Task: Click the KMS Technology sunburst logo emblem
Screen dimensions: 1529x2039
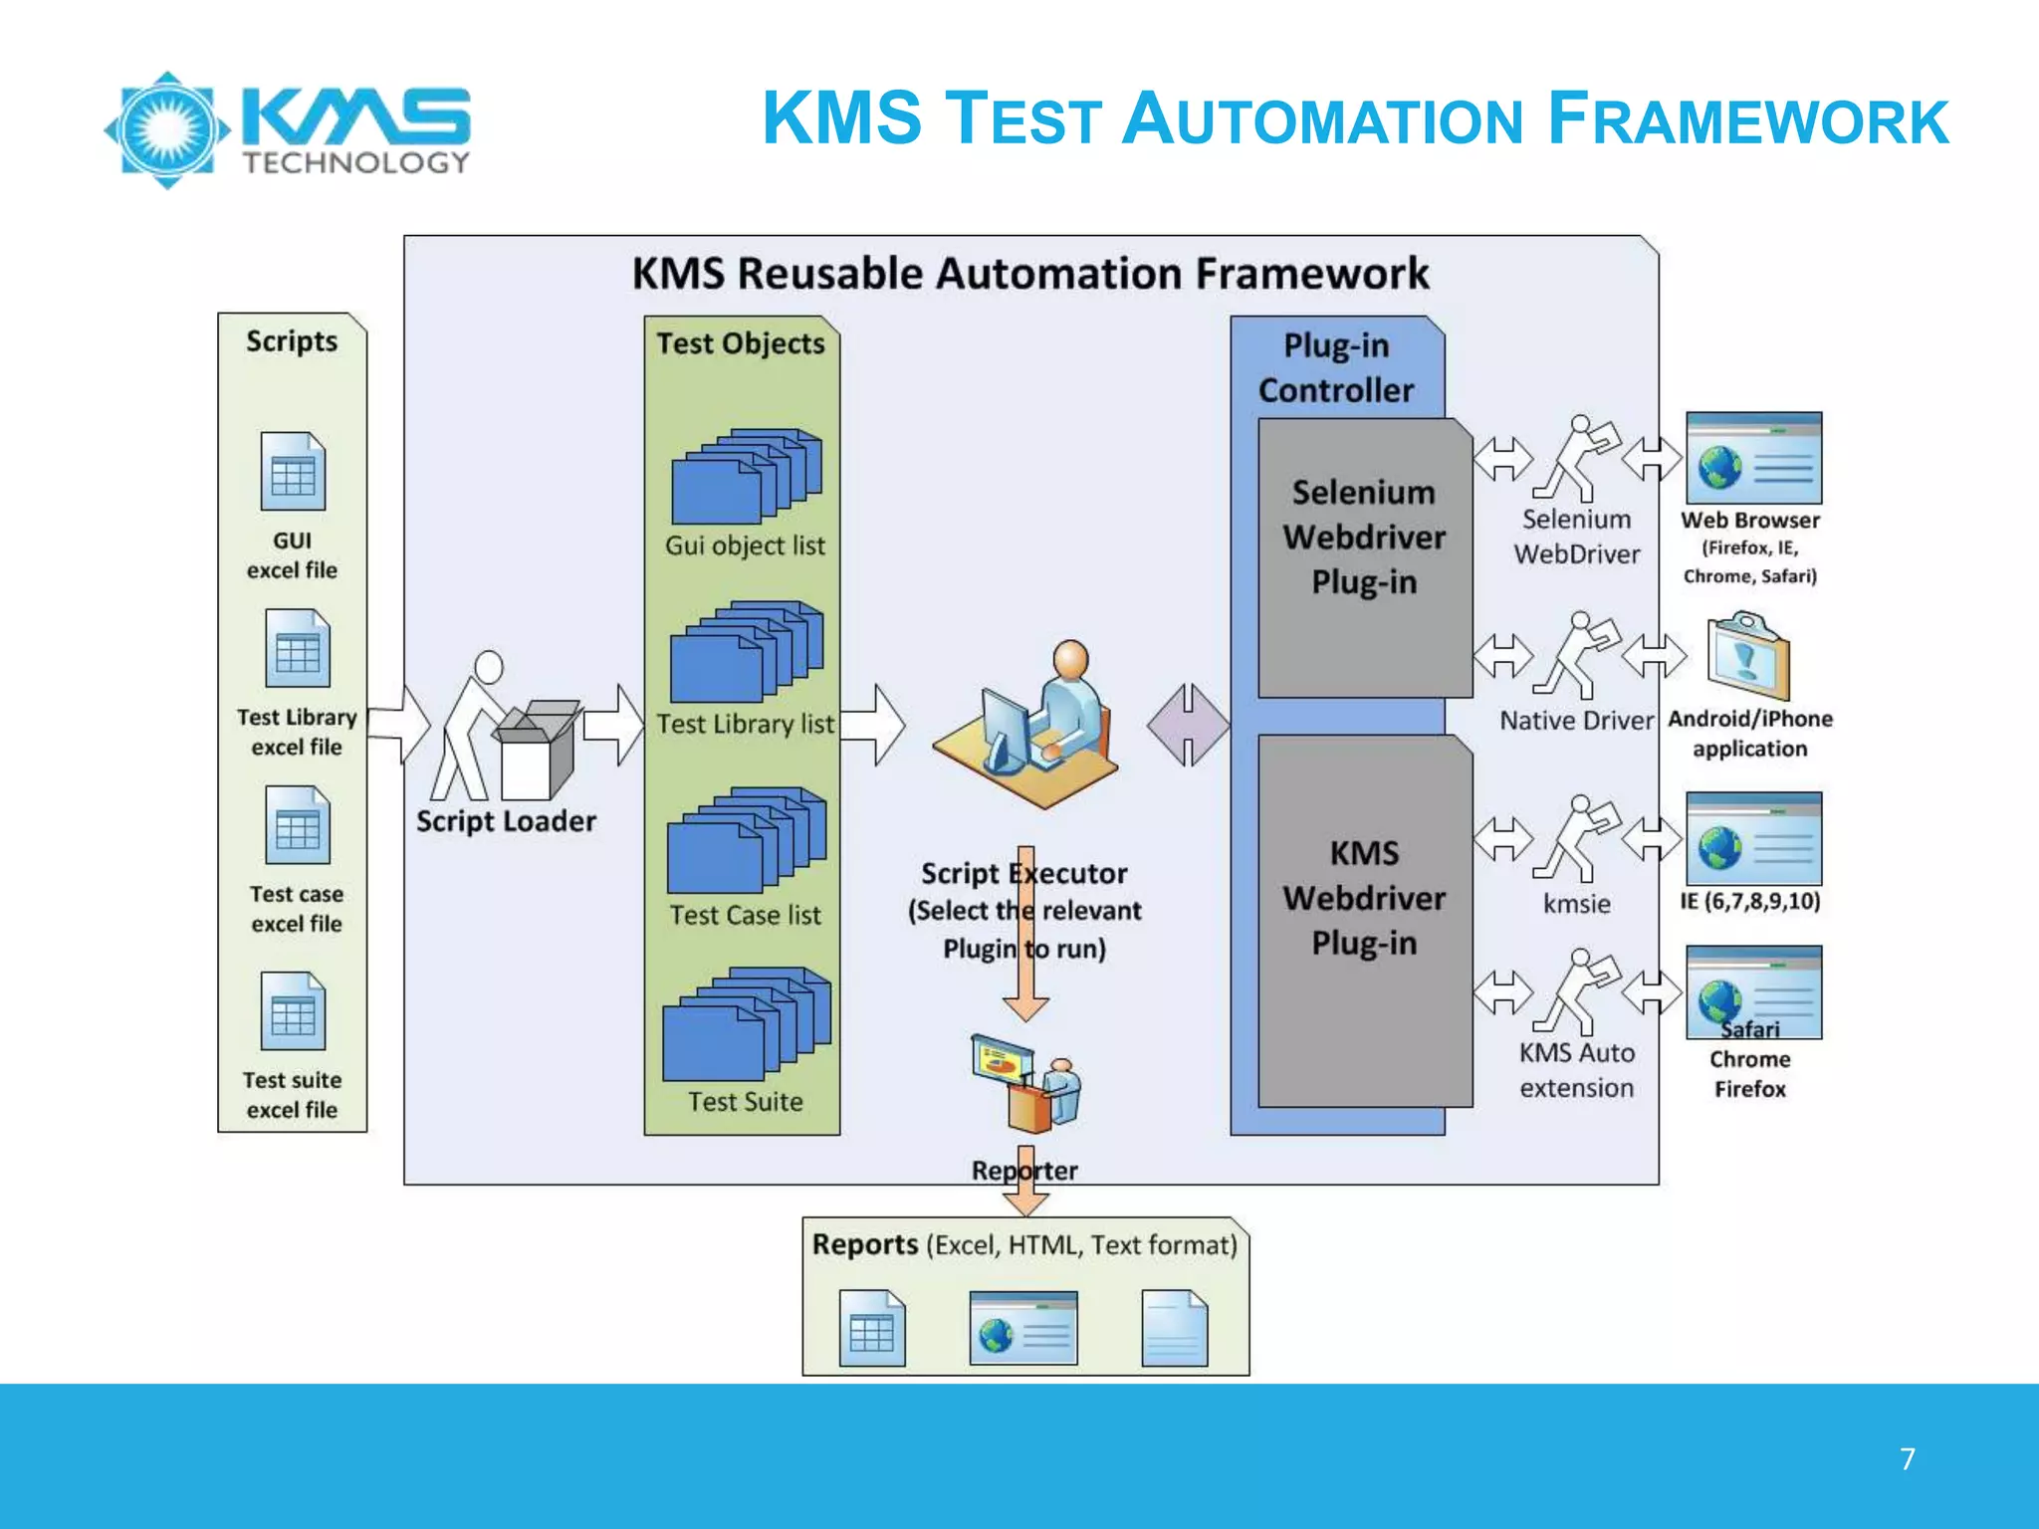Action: [x=167, y=129]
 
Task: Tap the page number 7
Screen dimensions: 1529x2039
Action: [x=1907, y=1458]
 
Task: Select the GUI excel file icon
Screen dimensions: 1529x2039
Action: [x=293, y=472]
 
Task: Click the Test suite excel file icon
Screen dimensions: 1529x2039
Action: [x=293, y=1011]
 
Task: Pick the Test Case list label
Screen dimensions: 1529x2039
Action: [x=745, y=915]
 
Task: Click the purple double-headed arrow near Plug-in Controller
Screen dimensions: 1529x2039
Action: [x=1188, y=725]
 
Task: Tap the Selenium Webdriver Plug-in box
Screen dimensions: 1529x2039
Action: [x=1364, y=557]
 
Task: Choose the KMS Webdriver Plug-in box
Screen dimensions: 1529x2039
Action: [x=1364, y=921]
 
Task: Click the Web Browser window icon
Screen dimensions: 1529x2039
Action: [x=1753, y=459]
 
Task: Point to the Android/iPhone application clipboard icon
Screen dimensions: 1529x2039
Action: [x=1747, y=657]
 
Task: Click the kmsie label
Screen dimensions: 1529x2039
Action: [x=1577, y=904]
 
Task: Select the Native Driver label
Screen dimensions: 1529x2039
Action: [x=1576, y=720]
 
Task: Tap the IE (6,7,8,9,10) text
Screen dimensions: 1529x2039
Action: [x=1750, y=901]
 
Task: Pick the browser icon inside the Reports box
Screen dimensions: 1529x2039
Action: [x=1023, y=1329]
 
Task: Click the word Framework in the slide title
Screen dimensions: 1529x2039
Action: [x=1747, y=119]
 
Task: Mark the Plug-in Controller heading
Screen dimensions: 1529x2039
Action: [x=1336, y=367]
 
